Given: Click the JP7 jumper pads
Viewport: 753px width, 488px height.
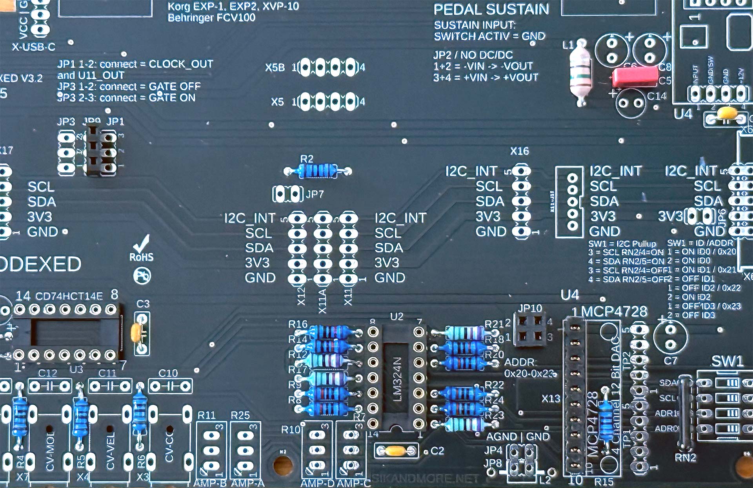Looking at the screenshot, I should pos(287,194).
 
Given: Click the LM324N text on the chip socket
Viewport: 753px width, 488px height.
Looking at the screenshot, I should pos(397,379).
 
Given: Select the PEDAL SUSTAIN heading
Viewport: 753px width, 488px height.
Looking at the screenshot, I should pos(491,9).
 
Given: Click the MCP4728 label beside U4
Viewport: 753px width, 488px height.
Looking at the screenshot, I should pos(614,311).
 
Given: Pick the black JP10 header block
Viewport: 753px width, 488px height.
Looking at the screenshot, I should pos(530,330).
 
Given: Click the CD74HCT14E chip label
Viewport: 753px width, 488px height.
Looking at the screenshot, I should pos(69,296).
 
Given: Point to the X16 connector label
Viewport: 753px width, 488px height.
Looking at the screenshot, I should pos(519,151).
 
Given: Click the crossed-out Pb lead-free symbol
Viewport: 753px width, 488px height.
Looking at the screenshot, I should pos(142,276).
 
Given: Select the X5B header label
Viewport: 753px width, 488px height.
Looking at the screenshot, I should pos(275,68).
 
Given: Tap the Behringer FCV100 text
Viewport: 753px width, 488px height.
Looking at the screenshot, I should pos(211,18).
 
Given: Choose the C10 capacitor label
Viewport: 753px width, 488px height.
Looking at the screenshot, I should pos(168,373).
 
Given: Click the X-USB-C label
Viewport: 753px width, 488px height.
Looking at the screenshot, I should pos(33,47).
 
